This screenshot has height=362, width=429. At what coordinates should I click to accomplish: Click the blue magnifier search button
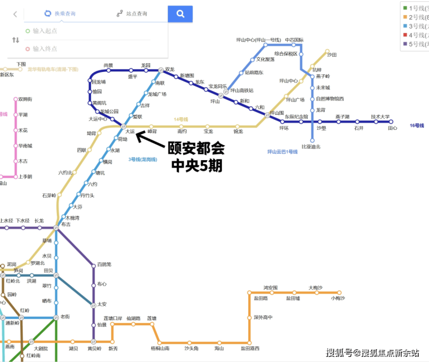(x=180, y=13)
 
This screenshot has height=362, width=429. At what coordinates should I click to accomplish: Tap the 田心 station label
(x=392, y=128)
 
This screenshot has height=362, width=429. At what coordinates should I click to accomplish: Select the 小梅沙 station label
(x=338, y=298)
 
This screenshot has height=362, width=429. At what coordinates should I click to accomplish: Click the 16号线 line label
(x=417, y=125)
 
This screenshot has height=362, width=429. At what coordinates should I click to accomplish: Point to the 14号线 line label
(x=182, y=120)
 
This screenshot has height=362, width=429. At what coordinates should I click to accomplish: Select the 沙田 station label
(x=332, y=55)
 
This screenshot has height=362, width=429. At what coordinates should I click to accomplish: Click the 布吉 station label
(x=66, y=224)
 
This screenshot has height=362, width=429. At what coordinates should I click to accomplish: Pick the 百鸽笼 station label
(x=104, y=265)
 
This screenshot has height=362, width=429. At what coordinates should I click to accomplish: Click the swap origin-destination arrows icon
(x=16, y=40)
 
